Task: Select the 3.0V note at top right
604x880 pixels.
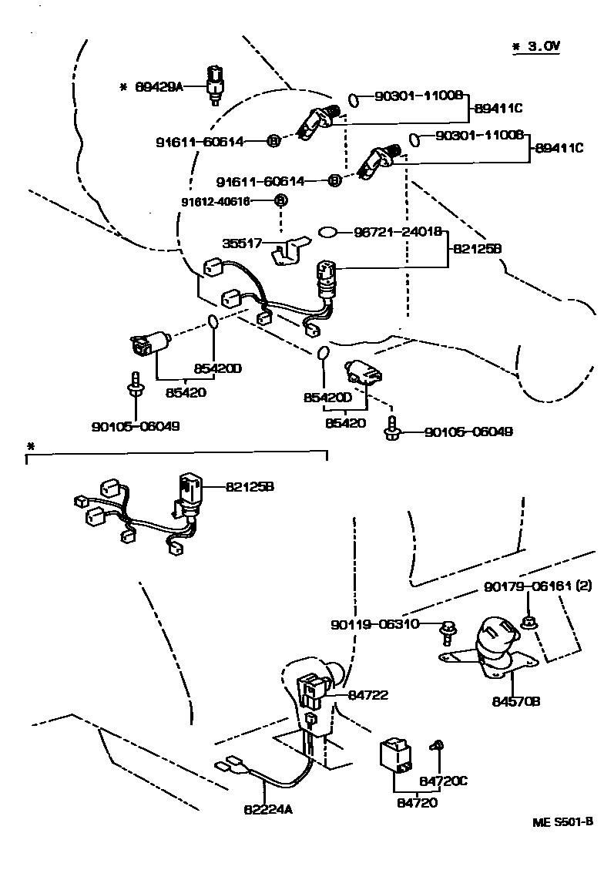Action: pyautogui.click(x=537, y=46)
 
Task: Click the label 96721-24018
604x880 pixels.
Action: pyautogui.click(x=398, y=231)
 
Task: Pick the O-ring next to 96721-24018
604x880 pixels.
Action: pyautogui.click(x=327, y=231)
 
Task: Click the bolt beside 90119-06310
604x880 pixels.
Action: pyautogui.click(x=447, y=632)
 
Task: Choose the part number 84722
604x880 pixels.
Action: pyautogui.click(x=368, y=694)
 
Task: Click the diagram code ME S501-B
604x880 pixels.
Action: pyautogui.click(x=562, y=821)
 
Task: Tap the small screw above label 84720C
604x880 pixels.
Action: pyautogui.click(x=437, y=745)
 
